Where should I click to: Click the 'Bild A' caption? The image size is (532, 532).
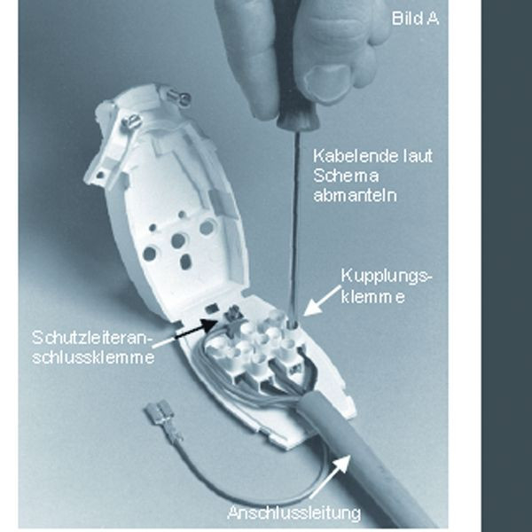tap(415, 18)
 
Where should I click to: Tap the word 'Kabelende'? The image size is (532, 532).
tap(356, 156)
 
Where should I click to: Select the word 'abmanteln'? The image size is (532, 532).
tap(355, 196)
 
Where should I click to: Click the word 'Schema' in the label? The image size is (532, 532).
tap(346, 176)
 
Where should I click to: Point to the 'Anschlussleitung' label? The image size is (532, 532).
tap(294, 512)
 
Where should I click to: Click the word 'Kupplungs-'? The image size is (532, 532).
tap(387, 277)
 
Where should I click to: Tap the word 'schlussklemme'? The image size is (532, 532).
tap(93, 357)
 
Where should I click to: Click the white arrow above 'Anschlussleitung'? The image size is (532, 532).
tap(330, 476)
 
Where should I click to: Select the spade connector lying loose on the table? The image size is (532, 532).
tap(163, 419)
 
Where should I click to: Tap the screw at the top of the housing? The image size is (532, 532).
tap(181, 98)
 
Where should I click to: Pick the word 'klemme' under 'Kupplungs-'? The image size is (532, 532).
tap(373, 296)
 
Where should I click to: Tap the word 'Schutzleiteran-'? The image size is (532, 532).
tap(90, 338)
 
